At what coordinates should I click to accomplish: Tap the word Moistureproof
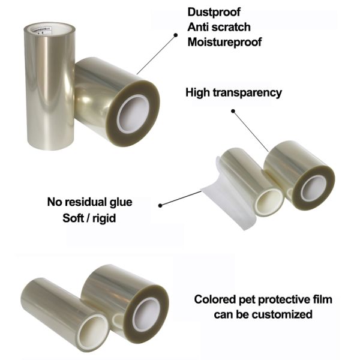[x=224, y=42]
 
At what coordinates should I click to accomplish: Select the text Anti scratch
[x=219, y=27]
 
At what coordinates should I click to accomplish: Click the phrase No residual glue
[x=89, y=202]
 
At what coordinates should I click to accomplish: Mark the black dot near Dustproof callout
[x=175, y=35]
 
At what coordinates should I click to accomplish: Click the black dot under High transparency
[x=232, y=110]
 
